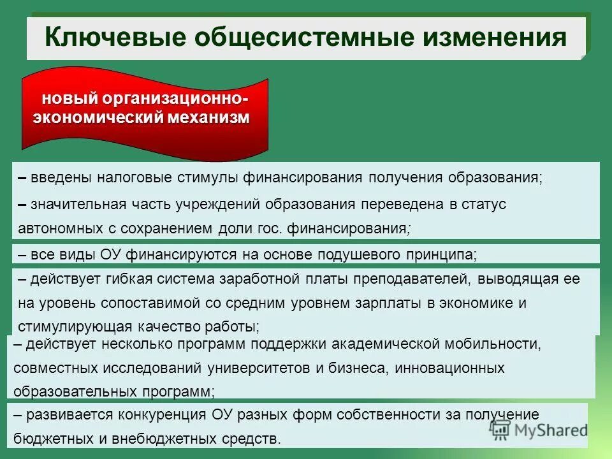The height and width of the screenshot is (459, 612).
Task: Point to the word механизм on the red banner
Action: [208, 118]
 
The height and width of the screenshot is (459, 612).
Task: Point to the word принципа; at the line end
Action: [441, 255]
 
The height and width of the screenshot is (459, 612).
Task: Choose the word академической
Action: [376, 344]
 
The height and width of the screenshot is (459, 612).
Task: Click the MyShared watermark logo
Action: [539, 429]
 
